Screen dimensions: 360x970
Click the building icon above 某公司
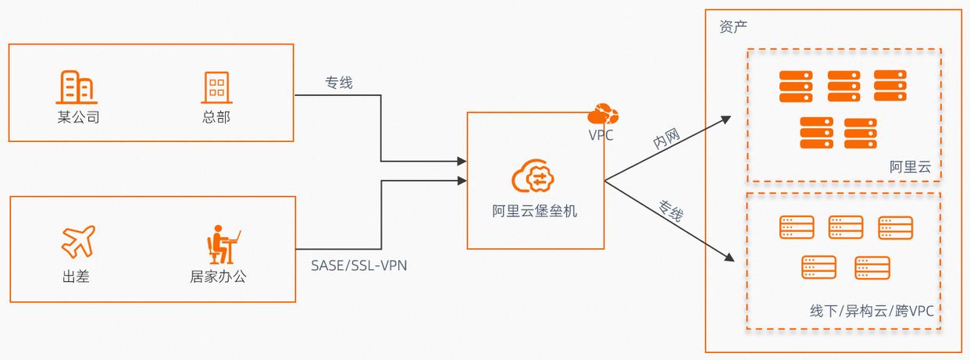pyautogui.click(x=77, y=87)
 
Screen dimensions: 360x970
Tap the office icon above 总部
pyautogui.click(x=216, y=87)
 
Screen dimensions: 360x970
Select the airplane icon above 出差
pyautogui.click(x=77, y=241)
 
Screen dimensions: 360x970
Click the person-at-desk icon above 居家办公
pyautogui.click(x=223, y=244)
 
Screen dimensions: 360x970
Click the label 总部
pyautogui.click(x=216, y=118)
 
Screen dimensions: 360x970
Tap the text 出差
pyautogui.click(x=76, y=276)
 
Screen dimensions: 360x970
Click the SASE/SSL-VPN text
pyautogui.click(x=358, y=266)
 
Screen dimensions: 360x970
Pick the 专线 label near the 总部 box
pyautogui.click(x=339, y=82)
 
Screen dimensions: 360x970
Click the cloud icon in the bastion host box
pyautogui.click(x=535, y=176)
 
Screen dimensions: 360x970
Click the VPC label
pyautogui.click(x=601, y=135)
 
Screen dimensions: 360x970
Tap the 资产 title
pyautogui.click(x=733, y=27)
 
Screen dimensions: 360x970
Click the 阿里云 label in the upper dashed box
pyautogui.click(x=910, y=167)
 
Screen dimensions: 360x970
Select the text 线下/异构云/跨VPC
pyautogui.click(x=872, y=312)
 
